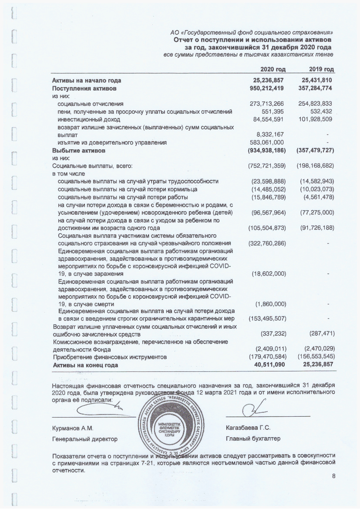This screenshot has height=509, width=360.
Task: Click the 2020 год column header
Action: click(x=273, y=70)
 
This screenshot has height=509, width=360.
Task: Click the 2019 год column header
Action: click(x=321, y=70)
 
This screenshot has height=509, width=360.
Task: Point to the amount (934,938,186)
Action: click(x=266, y=150)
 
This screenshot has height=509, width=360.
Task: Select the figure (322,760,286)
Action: click(x=266, y=243)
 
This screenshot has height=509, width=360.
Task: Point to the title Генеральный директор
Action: click(x=85, y=438)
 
